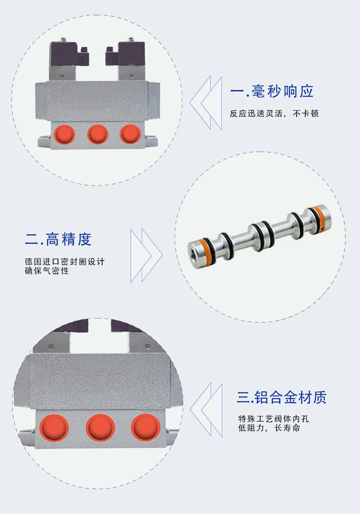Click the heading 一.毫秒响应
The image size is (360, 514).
click(272, 92)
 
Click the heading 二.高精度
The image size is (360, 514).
click(58, 239)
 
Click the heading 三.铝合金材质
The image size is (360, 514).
click(282, 397)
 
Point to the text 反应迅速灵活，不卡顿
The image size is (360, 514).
click(274, 113)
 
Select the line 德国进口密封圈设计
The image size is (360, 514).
click(65, 262)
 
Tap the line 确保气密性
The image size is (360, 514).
click(47, 271)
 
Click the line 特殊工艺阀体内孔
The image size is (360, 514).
click(273, 419)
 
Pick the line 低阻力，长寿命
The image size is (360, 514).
click(269, 428)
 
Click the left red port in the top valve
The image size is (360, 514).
click(65, 134)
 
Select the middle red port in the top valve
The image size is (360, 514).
click(98, 134)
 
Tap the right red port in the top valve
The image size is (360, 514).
click(130, 134)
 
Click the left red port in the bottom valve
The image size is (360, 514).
click(54, 428)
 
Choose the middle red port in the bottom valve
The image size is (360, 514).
click(100, 428)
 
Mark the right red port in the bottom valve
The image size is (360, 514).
click(145, 428)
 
